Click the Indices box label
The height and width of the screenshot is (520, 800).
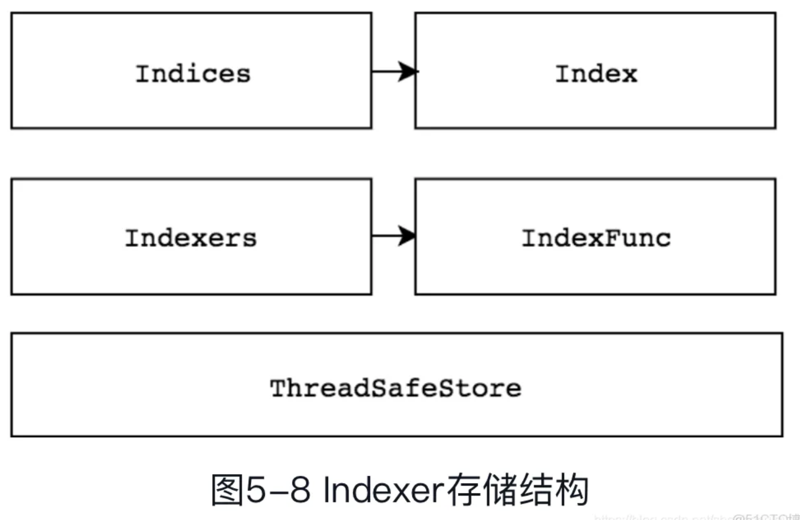tap(193, 73)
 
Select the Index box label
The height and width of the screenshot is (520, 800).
tap(596, 73)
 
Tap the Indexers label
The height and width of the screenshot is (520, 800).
tap(191, 238)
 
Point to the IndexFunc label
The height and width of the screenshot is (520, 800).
tap(596, 238)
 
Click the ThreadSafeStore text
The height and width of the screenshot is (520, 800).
tap(395, 388)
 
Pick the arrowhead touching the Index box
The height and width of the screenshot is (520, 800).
tap(408, 71)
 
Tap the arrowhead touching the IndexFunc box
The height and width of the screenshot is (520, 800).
tap(407, 236)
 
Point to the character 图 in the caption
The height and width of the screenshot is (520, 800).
tap(227, 490)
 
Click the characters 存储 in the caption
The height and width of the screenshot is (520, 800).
tap(481, 490)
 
